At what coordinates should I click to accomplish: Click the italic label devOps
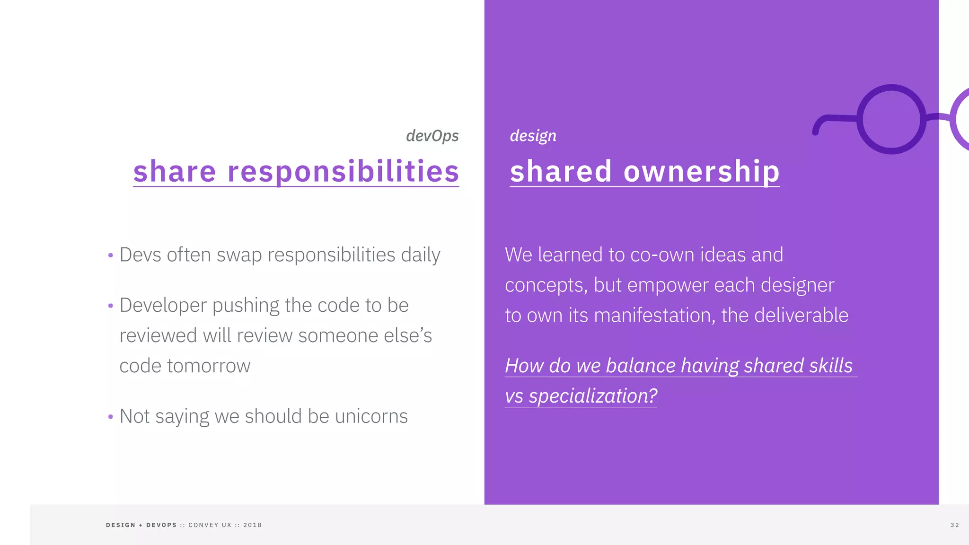[432, 136]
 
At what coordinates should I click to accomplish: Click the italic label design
[533, 136]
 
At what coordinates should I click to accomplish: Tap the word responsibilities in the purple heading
[343, 171]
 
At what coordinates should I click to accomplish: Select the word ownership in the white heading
[701, 171]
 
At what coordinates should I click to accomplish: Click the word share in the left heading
[175, 171]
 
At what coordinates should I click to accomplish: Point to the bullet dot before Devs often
[111, 256]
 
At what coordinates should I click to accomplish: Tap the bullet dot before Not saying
[111, 417]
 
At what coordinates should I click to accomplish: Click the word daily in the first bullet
[420, 255]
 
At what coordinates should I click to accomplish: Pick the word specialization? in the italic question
[593, 396]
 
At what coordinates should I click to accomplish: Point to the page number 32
[954, 525]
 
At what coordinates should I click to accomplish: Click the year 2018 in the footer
[252, 525]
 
